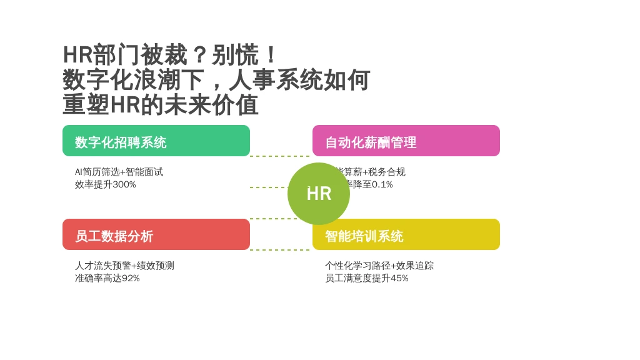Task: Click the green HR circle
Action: coord(319,194)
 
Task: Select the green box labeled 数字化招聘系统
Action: coord(156,141)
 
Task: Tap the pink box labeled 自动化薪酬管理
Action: coord(406,141)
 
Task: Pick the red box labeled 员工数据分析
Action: coord(156,234)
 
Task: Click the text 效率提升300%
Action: coord(105,184)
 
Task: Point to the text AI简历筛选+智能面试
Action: coord(119,172)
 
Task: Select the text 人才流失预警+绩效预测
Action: coord(124,266)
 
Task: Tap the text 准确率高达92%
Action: coord(107,278)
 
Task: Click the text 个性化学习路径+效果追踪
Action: coord(379,266)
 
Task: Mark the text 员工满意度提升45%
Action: coord(366,278)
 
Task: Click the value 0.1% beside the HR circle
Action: coord(382,184)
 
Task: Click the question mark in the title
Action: coord(199,55)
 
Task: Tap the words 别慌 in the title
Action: coord(235,55)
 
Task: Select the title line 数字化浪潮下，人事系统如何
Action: coord(216,80)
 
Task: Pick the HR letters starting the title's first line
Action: coord(77,55)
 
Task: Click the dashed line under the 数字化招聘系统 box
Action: coord(279,156)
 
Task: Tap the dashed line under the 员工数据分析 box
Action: coord(279,250)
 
